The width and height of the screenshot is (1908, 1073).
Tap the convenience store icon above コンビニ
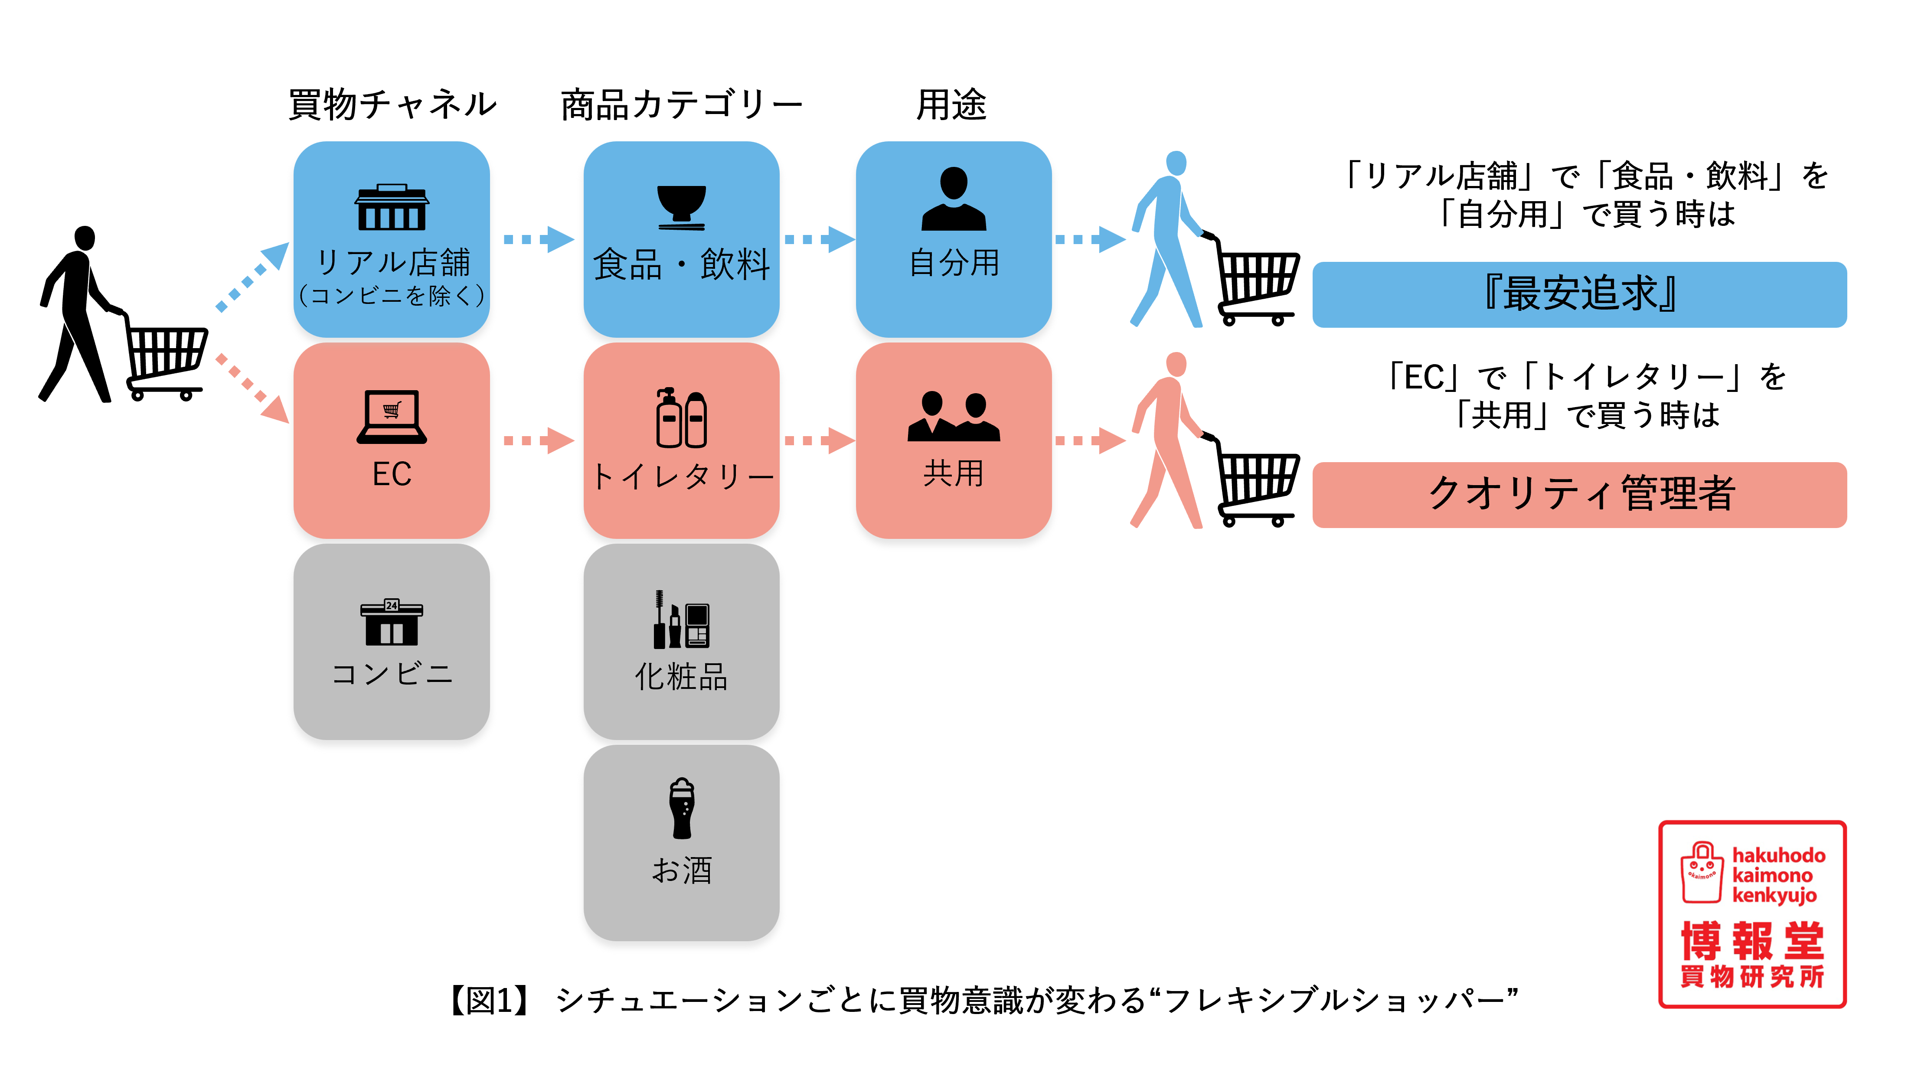(392, 622)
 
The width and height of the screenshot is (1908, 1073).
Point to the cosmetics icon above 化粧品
(681, 620)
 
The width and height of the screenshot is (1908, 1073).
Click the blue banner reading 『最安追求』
(1579, 294)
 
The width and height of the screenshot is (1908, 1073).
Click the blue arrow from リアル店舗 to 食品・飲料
(539, 239)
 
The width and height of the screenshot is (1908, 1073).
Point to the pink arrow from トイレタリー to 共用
(818, 440)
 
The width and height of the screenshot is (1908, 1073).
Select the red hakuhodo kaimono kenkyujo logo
(1752, 914)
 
